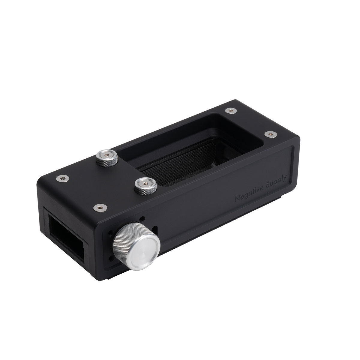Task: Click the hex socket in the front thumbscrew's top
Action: [145, 182]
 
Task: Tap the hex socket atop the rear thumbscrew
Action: [106, 155]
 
